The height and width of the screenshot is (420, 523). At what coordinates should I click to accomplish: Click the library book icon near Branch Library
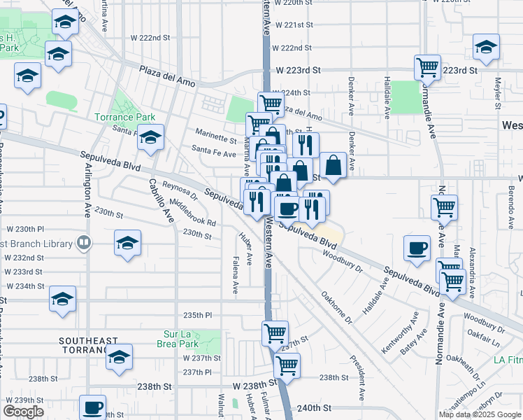84,243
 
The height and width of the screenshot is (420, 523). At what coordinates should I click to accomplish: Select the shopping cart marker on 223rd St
427,68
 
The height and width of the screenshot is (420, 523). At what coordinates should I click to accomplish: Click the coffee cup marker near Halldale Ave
417,248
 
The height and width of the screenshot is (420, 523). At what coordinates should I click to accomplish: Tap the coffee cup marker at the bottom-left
92,407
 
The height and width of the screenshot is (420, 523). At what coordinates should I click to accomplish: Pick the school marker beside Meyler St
486,47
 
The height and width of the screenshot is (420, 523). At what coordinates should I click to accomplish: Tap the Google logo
23,412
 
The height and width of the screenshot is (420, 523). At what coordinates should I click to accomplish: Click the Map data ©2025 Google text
480,414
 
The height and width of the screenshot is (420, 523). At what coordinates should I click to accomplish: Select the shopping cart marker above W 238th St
286,365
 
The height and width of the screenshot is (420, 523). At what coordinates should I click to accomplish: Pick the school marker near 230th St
127,243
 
